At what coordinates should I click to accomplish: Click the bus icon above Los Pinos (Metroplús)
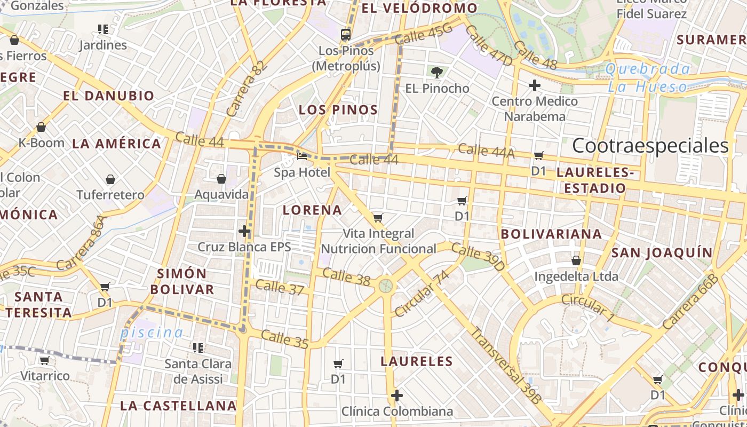346,35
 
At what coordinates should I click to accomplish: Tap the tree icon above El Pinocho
437,72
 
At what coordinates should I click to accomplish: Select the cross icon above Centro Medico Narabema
534,85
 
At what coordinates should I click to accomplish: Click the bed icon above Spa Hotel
302,156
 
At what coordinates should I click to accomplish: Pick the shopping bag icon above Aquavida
221,179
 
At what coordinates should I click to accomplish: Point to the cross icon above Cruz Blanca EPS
244,231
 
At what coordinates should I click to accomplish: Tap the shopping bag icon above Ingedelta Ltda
576,260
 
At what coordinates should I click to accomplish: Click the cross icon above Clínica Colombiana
396,396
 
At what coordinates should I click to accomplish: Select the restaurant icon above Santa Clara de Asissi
198,348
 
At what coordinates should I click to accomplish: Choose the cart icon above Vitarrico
45,360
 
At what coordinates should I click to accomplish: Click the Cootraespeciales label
650,146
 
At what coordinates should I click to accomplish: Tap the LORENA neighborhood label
312,210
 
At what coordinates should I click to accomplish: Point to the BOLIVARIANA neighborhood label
551,234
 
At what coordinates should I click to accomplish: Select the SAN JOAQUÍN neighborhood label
662,252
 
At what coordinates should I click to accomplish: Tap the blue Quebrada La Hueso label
648,77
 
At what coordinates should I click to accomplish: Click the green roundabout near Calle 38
386,286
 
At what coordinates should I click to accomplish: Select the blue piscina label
152,333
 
